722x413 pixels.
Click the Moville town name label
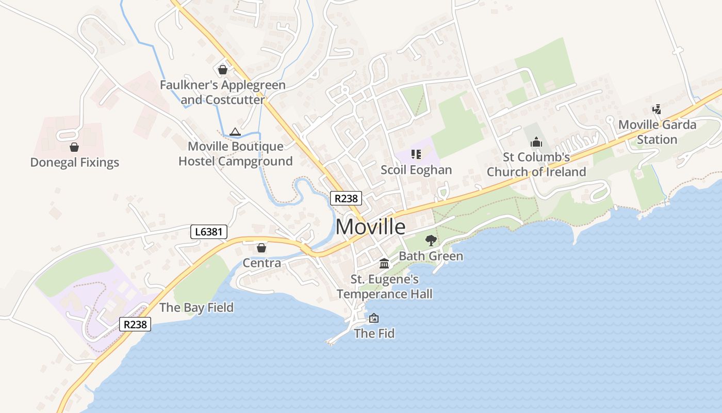[x=370, y=227]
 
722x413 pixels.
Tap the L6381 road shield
[x=208, y=232]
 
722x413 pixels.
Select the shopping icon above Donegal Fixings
[x=74, y=147]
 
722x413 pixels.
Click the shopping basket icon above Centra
[x=261, y=248]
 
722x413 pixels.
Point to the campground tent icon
[x=235, y=132]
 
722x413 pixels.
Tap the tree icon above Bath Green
[x=431, y=240]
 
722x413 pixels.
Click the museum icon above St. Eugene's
[x=384, y=264]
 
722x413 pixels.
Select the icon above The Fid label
[x=374, y=318]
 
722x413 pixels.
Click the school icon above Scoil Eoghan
[x=416, y=154]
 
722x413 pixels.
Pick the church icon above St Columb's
[x=536, y=141]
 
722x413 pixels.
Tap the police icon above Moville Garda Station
[x=657, y=109]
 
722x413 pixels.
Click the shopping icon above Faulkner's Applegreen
[x=223, y=69]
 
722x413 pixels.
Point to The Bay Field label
[x=196, y=308]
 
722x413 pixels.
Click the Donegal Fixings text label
[x=75, y=163]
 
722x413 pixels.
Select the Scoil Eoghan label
[x=416, y=170]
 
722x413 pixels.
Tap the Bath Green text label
[x=431, y=256]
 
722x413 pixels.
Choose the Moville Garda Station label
[x=657, y=132]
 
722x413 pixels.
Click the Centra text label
[x=262, y=263]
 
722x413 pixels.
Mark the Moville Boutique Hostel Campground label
[x=235, y=154]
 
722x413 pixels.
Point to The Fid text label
[x=374, y=333]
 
